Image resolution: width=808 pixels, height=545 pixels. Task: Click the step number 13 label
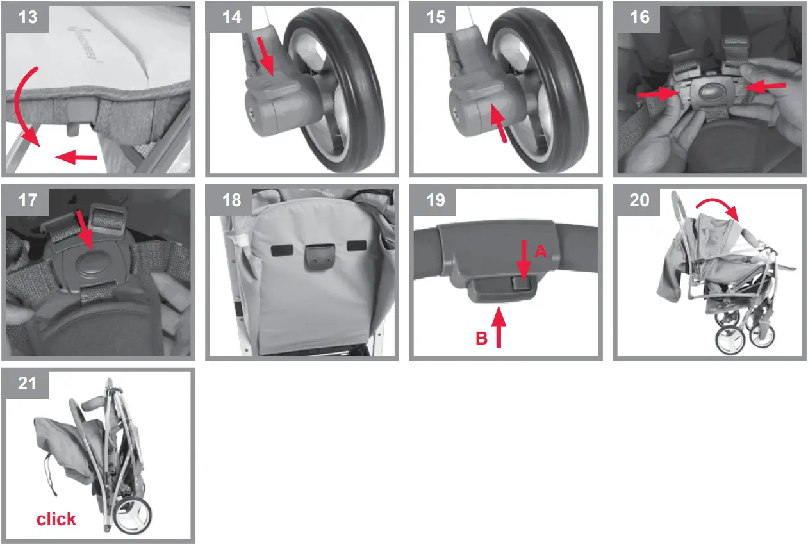(28, 17)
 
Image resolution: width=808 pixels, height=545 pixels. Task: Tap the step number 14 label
(231, 17)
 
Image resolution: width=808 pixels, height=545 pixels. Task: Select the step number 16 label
(639, 17)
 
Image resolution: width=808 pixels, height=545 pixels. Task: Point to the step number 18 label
(231, 200)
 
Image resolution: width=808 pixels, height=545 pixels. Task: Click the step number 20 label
(639, 200)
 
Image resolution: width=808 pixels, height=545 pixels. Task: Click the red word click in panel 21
(56, 519)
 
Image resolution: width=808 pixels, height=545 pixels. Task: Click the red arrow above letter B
(498, 327)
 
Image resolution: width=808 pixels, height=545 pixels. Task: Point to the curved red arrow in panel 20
(720, 207)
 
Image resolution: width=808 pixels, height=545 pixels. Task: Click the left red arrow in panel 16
(658, 93)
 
